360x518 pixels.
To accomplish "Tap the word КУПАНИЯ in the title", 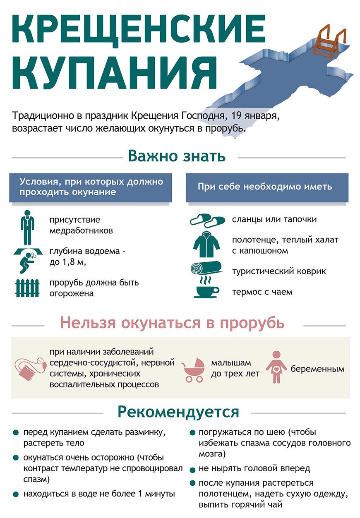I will click(x=114, y=73).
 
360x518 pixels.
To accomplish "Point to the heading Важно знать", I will click(x=177, y=156).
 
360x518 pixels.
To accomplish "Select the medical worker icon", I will click(x=27, y=228).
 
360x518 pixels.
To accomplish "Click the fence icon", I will click(x=27, y=288).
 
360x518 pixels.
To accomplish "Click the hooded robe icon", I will click(x=206, y=245).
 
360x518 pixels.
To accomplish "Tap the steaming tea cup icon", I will click(x=206, y=288).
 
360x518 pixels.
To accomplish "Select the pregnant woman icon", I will click(x=276, y=367).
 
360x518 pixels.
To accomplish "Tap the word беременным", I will click(x=317, y=369).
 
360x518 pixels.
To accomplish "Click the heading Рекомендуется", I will click(x=178, y=412).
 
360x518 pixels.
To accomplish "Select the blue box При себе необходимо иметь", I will click(x=267, y=187).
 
